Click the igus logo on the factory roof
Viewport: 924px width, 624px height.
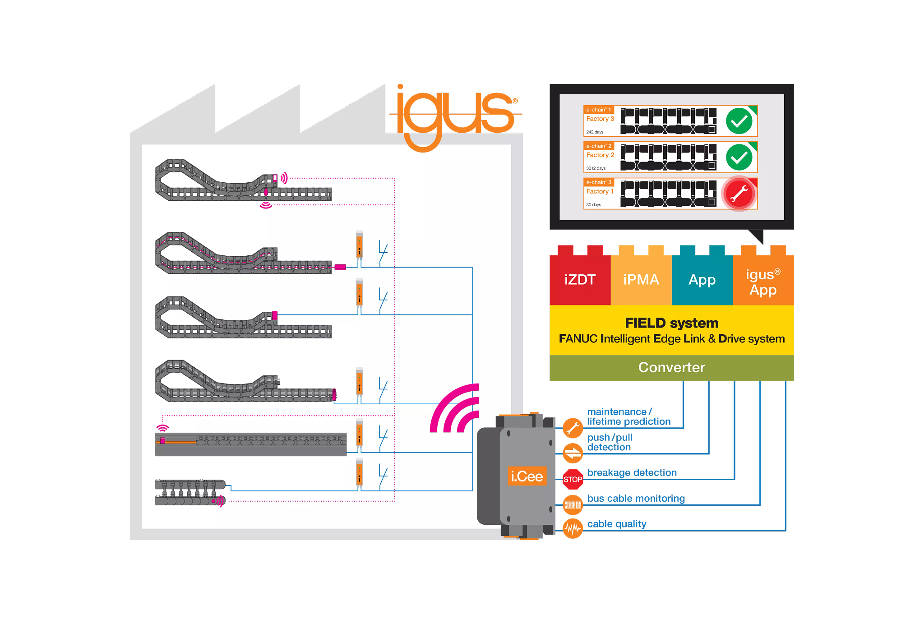tap(454, 116)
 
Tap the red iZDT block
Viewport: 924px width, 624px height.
tap(580, 280)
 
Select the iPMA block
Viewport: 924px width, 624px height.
tap(641, 280)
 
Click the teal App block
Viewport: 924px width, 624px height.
tap(702, 280)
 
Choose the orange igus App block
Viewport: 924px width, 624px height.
tap(763, 282)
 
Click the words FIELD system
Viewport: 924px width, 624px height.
tap(671, 323)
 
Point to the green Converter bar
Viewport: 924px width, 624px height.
tap(671, 368)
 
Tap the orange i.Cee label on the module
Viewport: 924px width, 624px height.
tap(527, 476)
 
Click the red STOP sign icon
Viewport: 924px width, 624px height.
tap(573, 479)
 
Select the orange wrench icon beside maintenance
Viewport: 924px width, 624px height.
tap(573, 428)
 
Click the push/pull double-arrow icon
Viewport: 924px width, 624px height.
tap(573, 453)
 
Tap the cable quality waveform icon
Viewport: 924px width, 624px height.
tap(573, 528)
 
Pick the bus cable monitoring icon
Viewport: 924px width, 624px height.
tap(573, 504)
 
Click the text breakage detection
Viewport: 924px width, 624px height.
tap(632, 472)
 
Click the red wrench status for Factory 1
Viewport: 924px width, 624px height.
tap(739, 194)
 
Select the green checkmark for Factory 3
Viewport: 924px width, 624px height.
tap(739, 121)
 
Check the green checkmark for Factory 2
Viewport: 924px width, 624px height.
tap(739, 157)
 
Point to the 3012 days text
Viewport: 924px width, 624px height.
tap(596, 168)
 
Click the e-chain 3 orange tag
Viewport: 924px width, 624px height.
tap(599, 182)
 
